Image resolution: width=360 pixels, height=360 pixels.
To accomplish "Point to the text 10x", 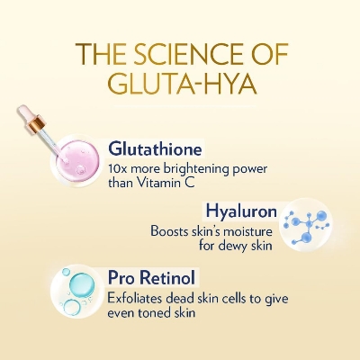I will tap(116, 168).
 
